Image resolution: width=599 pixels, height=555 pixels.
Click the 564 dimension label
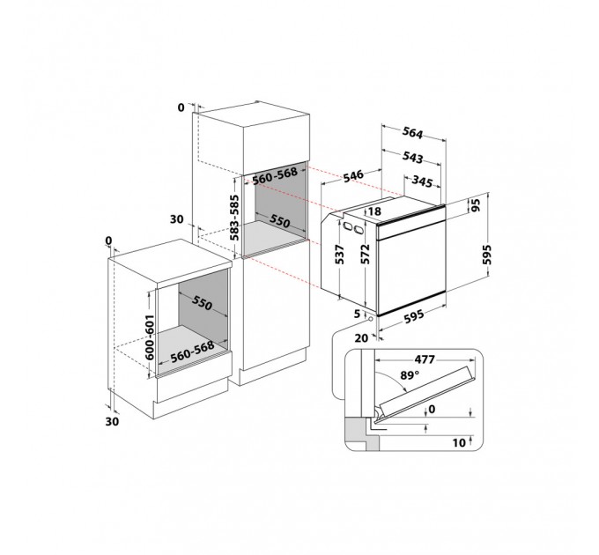pos(413,133)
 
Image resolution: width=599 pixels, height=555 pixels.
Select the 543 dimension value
pos(412,157)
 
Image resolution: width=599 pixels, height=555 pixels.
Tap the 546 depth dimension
pos(352,176)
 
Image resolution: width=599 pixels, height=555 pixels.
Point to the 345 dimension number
pos(422,181)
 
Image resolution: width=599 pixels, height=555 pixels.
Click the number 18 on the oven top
pos(375,211)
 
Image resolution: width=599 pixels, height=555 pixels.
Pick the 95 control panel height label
pos(476,205)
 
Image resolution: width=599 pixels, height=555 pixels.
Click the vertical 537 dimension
pos(340,255)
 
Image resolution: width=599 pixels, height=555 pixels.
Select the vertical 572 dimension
pos(366,253)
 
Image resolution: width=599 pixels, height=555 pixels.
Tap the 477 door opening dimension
pos(425,359)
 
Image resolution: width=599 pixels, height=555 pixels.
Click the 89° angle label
pos(409,375)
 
